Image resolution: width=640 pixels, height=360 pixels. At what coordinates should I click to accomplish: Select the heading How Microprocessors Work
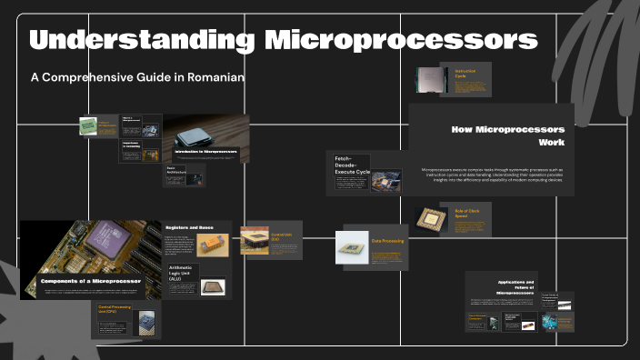508,135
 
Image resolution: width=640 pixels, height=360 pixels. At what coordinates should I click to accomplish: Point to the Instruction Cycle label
465,73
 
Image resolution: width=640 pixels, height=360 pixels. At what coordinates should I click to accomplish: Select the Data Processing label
388,241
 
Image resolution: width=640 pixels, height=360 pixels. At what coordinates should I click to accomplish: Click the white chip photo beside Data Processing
352,246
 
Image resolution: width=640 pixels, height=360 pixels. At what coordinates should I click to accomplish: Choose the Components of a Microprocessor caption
86,281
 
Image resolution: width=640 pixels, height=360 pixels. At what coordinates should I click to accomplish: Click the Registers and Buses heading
188,226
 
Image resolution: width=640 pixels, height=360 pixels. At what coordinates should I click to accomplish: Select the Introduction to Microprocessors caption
206,151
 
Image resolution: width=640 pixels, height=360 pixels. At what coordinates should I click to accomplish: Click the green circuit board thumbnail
88,126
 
